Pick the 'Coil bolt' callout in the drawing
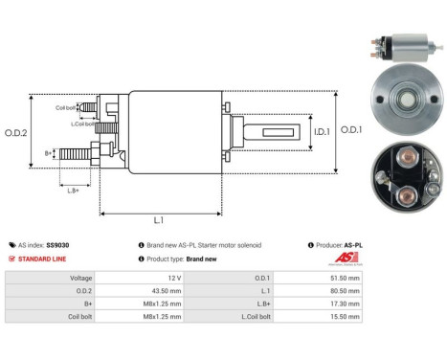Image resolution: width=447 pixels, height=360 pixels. (66, 107)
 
